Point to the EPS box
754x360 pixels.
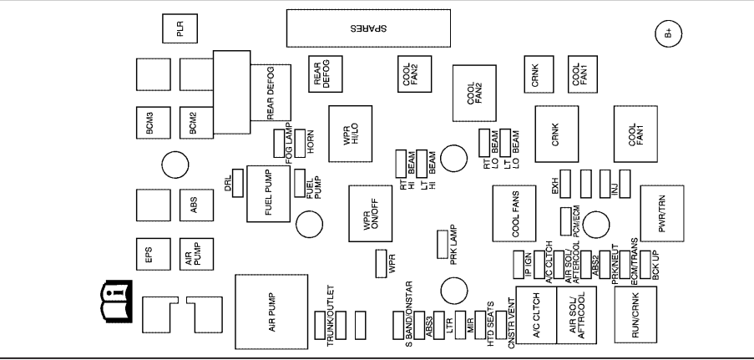point(152,254)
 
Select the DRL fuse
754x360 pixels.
point(238,179)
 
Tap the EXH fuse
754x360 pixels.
point(564,180)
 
